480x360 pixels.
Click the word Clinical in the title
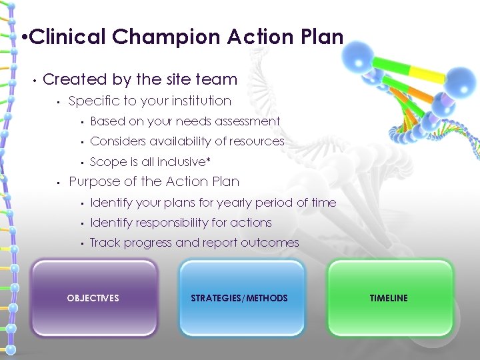click(67, 37)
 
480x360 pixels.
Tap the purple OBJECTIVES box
click(94, 297)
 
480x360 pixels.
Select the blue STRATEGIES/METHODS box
click(240, 297)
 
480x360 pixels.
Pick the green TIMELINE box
click(389, 297)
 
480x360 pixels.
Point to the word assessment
click(247, 121)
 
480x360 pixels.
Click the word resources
click(256, 141)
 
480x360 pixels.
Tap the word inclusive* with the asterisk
click(183, 161)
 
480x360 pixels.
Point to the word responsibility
click(180, 223)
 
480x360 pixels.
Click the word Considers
click(118, 141)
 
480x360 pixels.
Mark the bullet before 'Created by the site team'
click(32, 80)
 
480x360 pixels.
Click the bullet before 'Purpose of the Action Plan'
click(59, 182)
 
